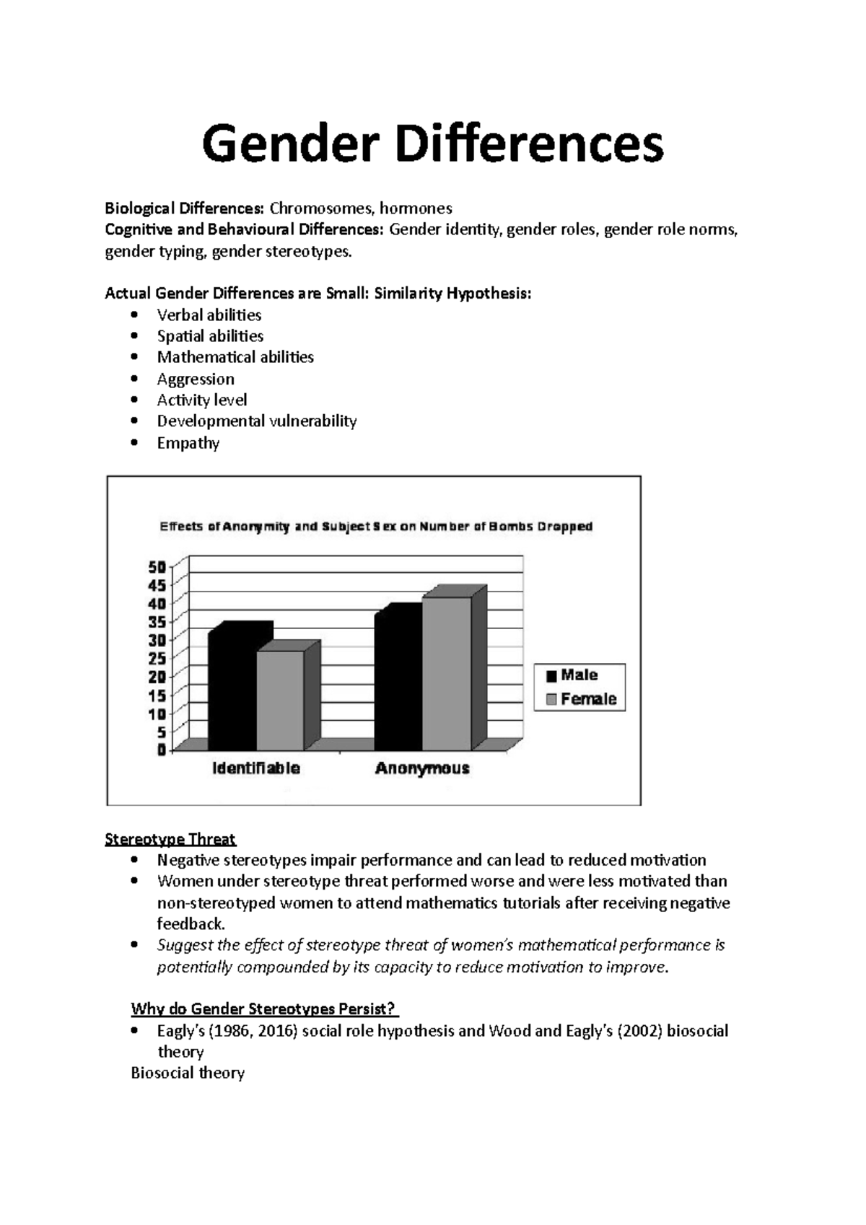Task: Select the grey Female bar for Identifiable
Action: coord(280,700)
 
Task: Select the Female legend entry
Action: coord(581,699)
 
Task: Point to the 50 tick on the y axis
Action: coord(157,567)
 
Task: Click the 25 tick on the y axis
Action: coord(157,658)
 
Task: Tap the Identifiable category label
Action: coord(255,768)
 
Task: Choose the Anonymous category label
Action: coord(422,768)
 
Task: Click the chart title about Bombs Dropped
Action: coord(376,527)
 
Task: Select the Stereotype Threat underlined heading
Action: coord(170,839)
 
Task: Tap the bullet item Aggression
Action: coord(196,379)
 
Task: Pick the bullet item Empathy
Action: coord(188,443)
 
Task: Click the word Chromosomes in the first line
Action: coord(321,208)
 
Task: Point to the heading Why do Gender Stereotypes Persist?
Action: coord(264,1009)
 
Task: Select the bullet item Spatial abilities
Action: coord(210,336)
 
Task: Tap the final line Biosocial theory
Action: coord(188,1073)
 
